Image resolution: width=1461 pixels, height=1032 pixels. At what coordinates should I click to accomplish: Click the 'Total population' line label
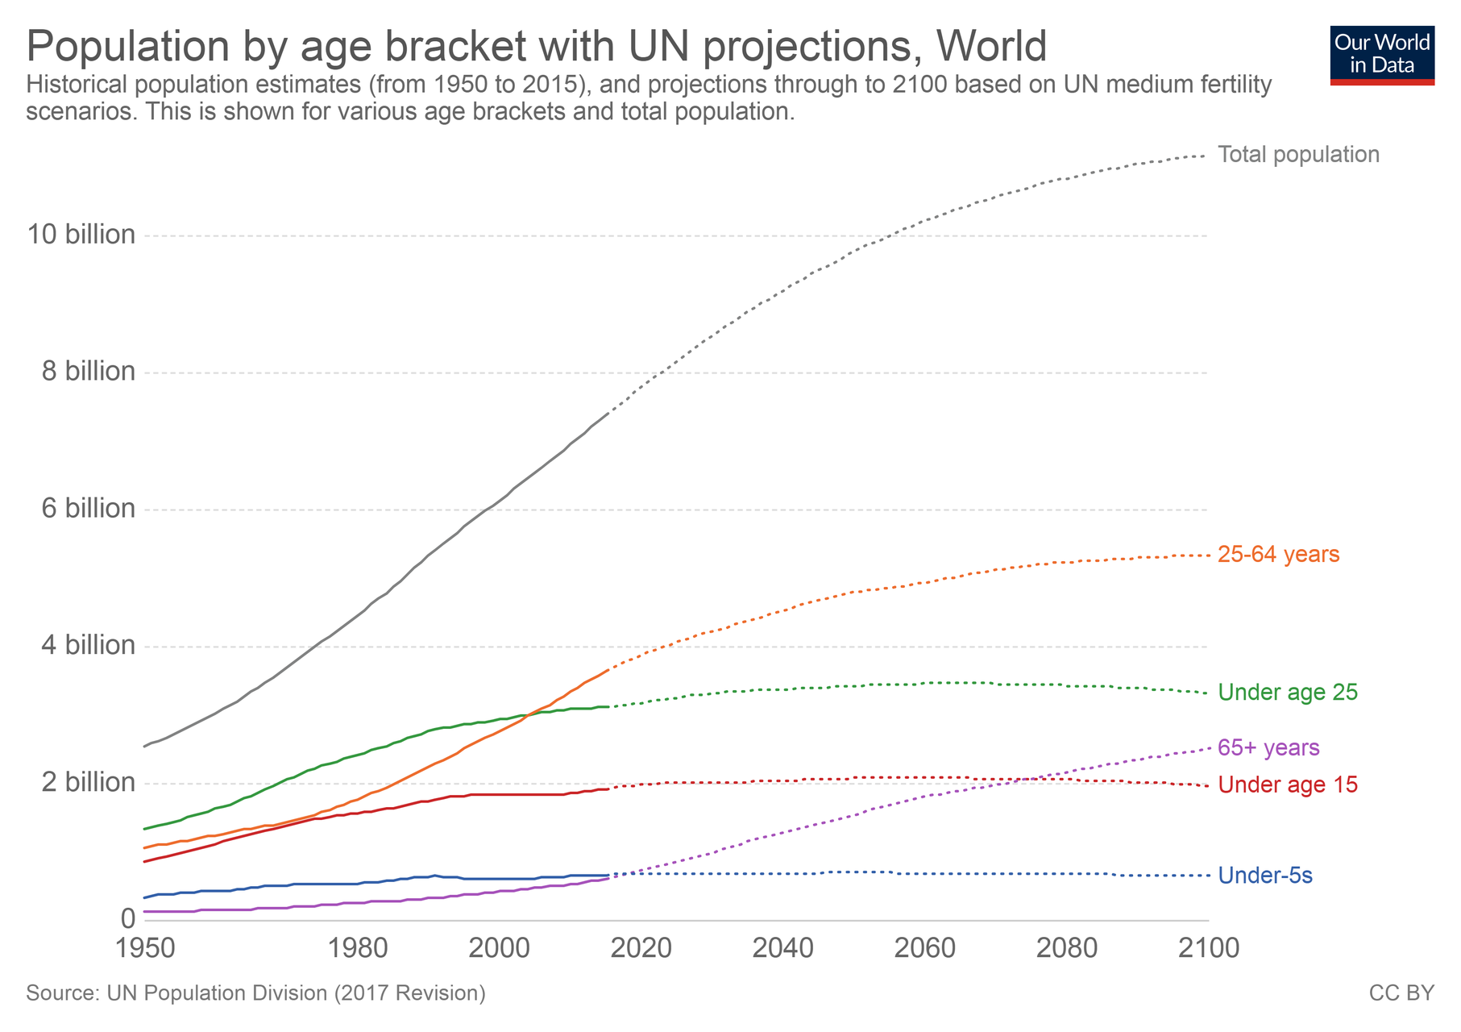(x=1298, y=155)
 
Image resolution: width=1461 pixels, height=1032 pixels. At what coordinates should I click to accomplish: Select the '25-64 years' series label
(x=1278, y=555)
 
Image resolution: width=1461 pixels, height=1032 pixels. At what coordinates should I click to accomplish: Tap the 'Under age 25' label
(x=1288, y=693)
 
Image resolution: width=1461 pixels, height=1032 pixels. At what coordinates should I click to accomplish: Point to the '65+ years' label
(x=1268, y=748)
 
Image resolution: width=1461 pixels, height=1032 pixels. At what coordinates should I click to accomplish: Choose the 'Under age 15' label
(x=1288, y=784)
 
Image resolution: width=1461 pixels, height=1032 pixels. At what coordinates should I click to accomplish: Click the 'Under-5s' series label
(x=1265, y=876)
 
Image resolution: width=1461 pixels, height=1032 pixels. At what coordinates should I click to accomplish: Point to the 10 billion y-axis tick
(x=81, y=235)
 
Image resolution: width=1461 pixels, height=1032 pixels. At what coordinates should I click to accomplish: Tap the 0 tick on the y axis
(x=127, y=918)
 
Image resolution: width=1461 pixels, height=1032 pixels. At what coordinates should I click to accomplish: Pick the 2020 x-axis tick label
(x=641, y=948)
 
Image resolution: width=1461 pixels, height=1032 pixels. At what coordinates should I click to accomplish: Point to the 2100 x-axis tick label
(x=1208, y=948)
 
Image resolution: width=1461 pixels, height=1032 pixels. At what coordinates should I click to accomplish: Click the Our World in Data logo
(x=1382, y=55)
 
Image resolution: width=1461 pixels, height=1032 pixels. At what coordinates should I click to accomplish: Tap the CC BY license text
(x=1401, y=993)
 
